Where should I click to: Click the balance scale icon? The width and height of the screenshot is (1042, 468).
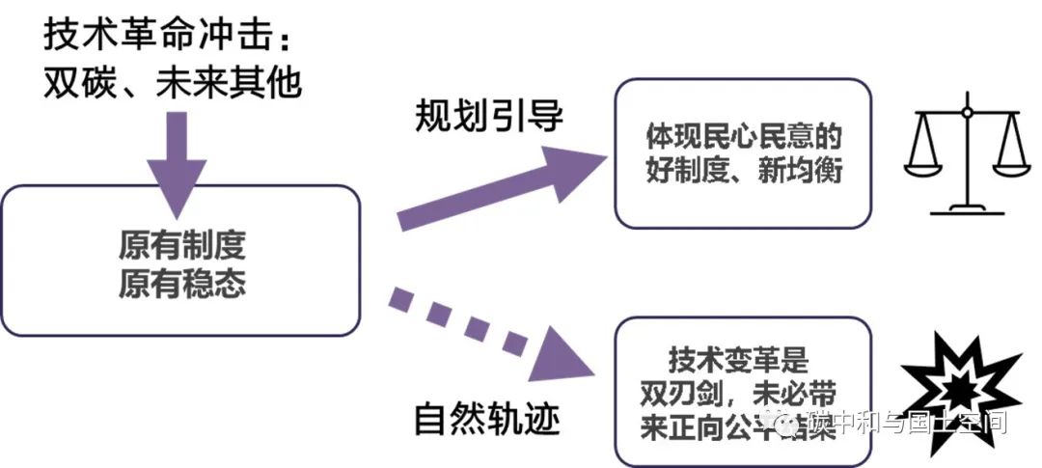click(966, 156)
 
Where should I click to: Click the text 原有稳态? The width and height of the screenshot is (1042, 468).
click(182, 283)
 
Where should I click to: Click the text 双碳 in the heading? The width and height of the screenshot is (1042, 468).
click(74, 83)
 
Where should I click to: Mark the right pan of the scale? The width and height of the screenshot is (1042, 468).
click(1011, 164)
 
